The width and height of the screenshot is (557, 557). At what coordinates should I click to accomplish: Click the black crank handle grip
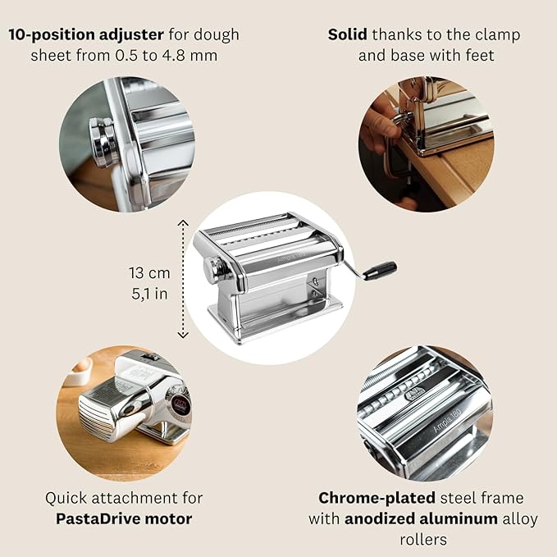click(379, 271)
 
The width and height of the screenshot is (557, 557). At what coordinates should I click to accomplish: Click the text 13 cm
click(149, 273)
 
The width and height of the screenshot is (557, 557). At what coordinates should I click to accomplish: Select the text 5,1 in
click(149, 294)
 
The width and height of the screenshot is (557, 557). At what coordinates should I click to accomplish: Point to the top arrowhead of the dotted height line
click(183, 223)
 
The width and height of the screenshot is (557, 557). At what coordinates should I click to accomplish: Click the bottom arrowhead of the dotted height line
click(183, 335)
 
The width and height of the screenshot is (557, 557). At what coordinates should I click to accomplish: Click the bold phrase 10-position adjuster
click(86, 34)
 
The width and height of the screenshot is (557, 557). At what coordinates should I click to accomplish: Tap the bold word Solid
click(348, 34)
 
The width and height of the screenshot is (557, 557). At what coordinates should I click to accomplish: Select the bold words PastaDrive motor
click(124, 518)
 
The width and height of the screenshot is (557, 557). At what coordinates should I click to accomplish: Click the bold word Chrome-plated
click(377, 498)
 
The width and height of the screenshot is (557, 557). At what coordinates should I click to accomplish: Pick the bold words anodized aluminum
click(421, 518)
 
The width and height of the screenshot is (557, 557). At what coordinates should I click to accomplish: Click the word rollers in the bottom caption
click(423, 540)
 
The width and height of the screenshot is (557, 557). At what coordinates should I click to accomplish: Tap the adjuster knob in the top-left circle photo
click(103, 142)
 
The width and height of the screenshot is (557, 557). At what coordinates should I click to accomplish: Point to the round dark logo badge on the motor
click(180, 404)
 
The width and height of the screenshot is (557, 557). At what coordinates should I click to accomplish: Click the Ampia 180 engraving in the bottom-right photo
click(447, 421)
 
